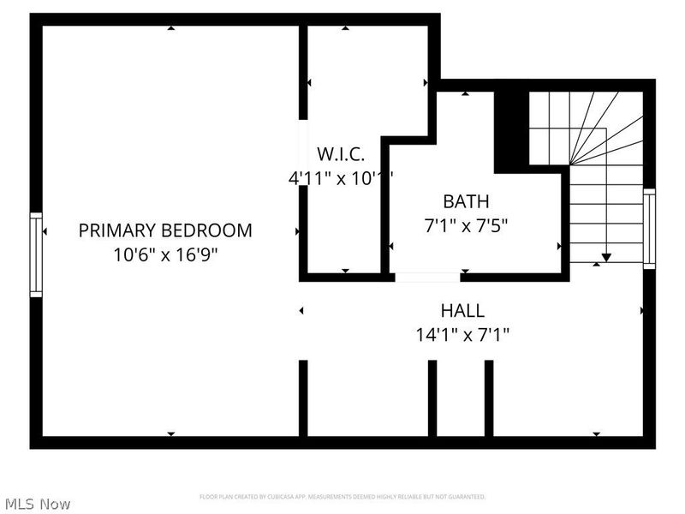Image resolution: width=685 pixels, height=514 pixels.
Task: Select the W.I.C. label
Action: coord(341,154)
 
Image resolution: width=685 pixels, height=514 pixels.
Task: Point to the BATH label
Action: coord(466,202)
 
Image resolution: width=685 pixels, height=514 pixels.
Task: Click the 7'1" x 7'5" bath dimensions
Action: coord(466,227)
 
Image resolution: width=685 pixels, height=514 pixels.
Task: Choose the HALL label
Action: coord(462,311)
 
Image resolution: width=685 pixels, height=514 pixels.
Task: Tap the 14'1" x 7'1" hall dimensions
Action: coord(462,335)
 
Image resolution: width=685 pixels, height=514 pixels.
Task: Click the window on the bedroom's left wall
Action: coord(36,254)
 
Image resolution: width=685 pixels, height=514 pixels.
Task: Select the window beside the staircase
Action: coord(649,229)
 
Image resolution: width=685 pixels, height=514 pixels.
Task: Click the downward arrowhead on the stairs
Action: coord(606,256)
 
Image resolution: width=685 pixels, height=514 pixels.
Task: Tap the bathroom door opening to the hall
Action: coord(427,277)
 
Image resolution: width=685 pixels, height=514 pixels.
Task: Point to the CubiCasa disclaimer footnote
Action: coord(342,497)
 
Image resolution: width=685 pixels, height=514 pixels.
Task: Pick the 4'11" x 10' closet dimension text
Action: coord(341,178)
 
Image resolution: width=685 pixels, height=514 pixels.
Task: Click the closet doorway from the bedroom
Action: coord(302,137)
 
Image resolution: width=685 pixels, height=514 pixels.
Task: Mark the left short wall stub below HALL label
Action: coord(432,398)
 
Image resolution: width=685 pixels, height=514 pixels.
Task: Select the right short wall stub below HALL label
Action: coord(489,398)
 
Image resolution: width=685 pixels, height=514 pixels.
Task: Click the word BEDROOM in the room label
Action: coord(210,230)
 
